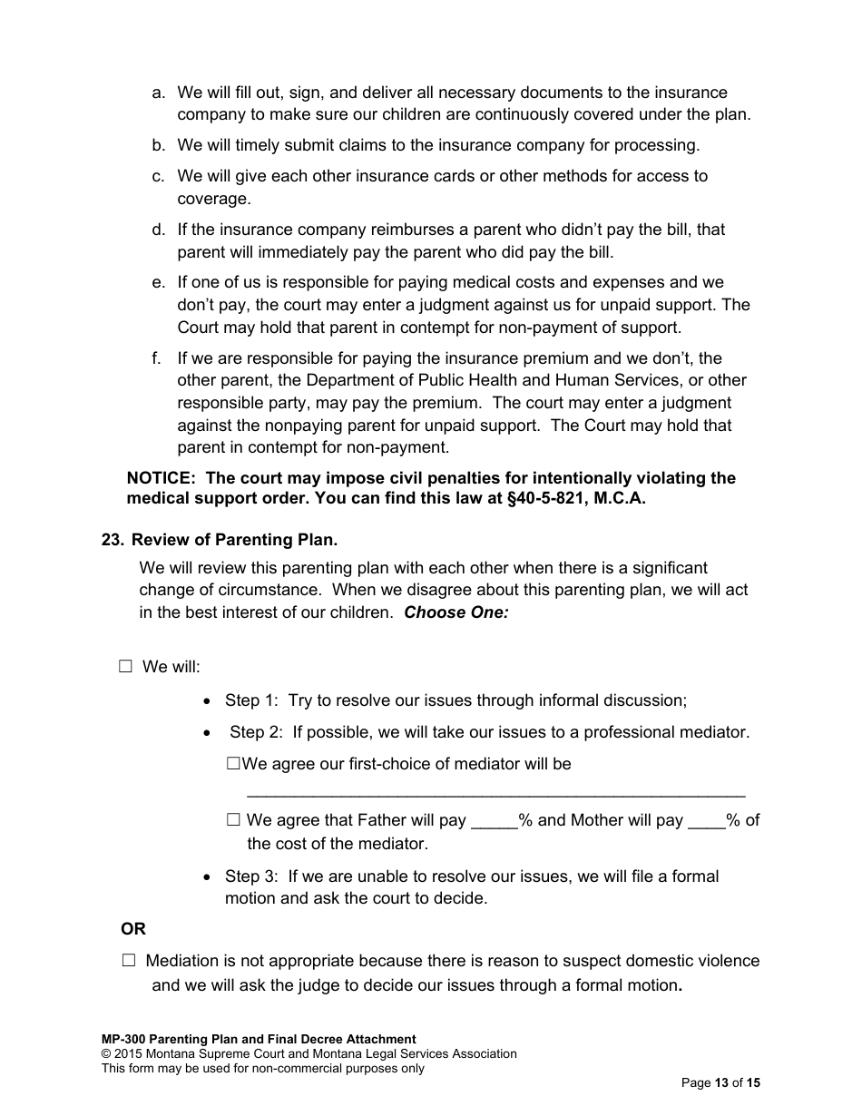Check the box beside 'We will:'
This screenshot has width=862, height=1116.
click(125, 667)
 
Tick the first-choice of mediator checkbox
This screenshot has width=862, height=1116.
click(233, 765)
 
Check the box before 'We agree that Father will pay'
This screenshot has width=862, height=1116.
click(233, 820)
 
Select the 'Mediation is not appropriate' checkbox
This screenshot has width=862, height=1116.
click(128, 961)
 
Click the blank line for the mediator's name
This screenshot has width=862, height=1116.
click(495, 791)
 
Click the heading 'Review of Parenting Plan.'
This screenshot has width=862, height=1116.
click(234, 540)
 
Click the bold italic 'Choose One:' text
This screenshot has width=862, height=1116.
click(456, 612)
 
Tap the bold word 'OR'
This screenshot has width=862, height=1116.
click(133, 929)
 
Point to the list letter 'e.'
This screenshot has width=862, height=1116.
click(159, 283)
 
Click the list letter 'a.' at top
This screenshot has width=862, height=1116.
click(159, 93)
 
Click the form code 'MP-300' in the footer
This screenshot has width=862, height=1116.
click(123, 1040)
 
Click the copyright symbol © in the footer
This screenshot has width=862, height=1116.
click(106, 1054)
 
